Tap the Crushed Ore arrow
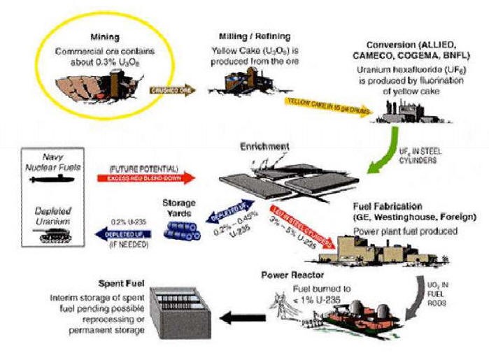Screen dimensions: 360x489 (172, 90)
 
